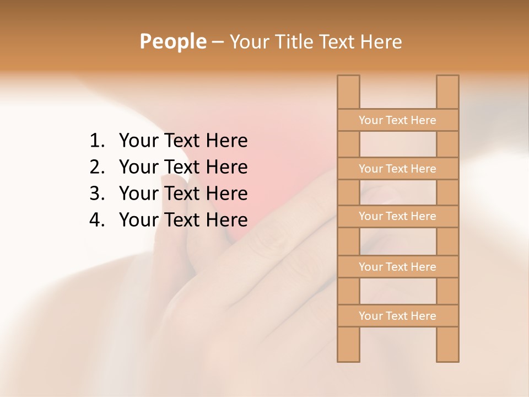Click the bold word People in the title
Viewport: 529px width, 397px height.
coord(173,41)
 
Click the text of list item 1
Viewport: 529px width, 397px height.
coord(183,141)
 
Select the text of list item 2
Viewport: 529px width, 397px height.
coord(183,167)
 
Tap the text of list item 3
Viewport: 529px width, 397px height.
coord(183,194)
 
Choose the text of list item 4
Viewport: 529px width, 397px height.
coord(183,220)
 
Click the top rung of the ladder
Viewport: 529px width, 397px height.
coord(397,120)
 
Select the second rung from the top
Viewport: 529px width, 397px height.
coord(397,169)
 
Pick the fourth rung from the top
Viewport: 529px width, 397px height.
coord(397,267)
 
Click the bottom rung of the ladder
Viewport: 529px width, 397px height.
coord(397,316)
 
